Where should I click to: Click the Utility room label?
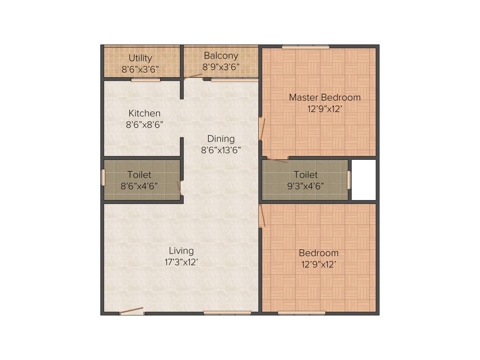pyautogui.click(x=140, y=58)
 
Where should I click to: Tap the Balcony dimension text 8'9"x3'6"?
pyautogui.click(x=221, y=67)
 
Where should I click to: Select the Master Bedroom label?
pyautogui.click(x=324, y=97)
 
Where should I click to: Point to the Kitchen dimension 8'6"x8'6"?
pyautogui.click(x=144, y=125)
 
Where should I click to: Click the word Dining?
pyautogui.click(x=221, y=139)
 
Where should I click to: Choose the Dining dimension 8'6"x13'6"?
pyautogui.click(x=221, y=150)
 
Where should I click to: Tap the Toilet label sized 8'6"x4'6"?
pyautogui.click(x=139, y=175)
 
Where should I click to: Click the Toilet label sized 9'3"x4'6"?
pyautogui.click(x=306, y=175)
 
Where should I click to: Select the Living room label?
pyautogui.click(x=181, y=251)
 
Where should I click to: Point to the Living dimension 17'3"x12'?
pyautogui.click(x=181, y=262)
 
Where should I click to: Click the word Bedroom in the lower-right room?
pyautogui.click(x=319, y=253)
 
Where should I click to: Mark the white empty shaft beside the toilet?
pyautogui.click(x=364, y=180)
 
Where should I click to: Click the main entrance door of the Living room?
pyautogui.click(x=132, y=311)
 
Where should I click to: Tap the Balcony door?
pyautogui.click(x=193, y=76)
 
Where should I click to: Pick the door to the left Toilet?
pyautogui.click(x=180, y=188)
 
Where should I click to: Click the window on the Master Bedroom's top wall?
pyautogui.click(x=305, y=46)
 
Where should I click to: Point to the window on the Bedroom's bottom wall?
pyautogui.click(x=301, y=313)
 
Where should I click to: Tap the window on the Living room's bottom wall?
pyautogui.click(x=227, y=313)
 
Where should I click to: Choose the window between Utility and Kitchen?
pyautogui.click(x=146, y=80)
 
